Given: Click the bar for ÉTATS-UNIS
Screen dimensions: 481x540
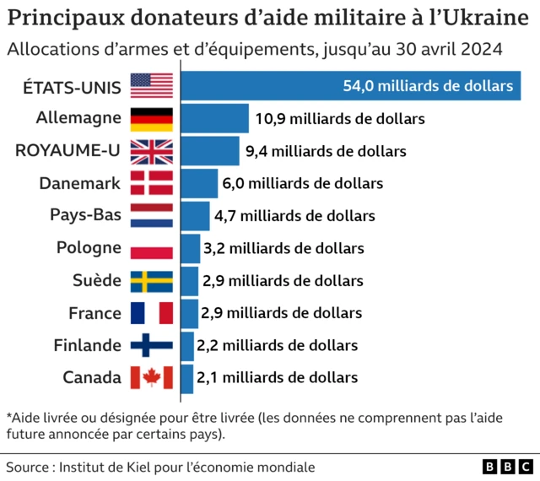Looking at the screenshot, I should pyautogui.click(x=350, y=86).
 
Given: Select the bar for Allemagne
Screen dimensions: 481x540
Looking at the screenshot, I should pyautogui.click(x=215, y=119).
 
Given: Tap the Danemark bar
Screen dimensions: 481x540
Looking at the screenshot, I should pyautogui.click(x=199, y=183).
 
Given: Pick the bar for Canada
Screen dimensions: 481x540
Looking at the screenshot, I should pyautogui.click(x=187, y=377).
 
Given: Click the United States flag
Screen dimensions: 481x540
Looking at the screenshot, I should pyautogui.click(x=152, y=86).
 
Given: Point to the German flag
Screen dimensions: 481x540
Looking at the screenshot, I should pyautogui.click(x=152, y=119).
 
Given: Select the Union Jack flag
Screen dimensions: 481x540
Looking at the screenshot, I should pyautogui.click(x=152, y=151).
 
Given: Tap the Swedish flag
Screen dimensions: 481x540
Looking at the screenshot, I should pyautogui.click(x=152, y=280).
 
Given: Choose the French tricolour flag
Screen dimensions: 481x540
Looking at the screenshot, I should pyautogui.click(x=152, y=313).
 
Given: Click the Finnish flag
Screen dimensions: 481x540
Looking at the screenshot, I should pyautogui.click(x=152, y=345).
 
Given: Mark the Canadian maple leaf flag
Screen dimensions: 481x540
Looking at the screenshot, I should pyautogui.click(x=152, y=377).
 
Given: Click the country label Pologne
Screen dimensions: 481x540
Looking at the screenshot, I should pyautogui.click(x=89, y=248).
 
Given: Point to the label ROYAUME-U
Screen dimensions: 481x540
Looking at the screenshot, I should pyautogui.click(x=68, y=151).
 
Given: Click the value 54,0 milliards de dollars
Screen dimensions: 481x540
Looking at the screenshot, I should pyautogui.click(x=428, y=86).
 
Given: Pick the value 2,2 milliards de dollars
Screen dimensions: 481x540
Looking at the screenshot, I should pyautogui.click(x=277, y=345).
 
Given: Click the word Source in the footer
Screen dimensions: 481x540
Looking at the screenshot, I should pyautogui.click(x=27, y=467).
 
